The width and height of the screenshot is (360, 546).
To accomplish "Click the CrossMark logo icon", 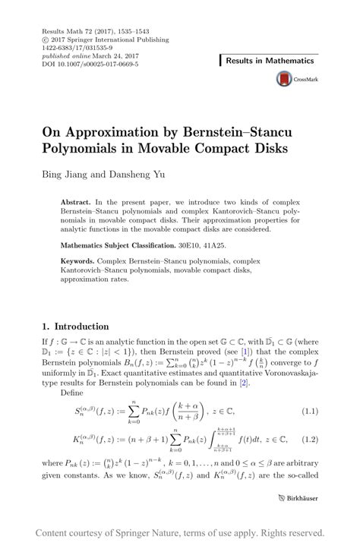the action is click(x=285, y=77).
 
